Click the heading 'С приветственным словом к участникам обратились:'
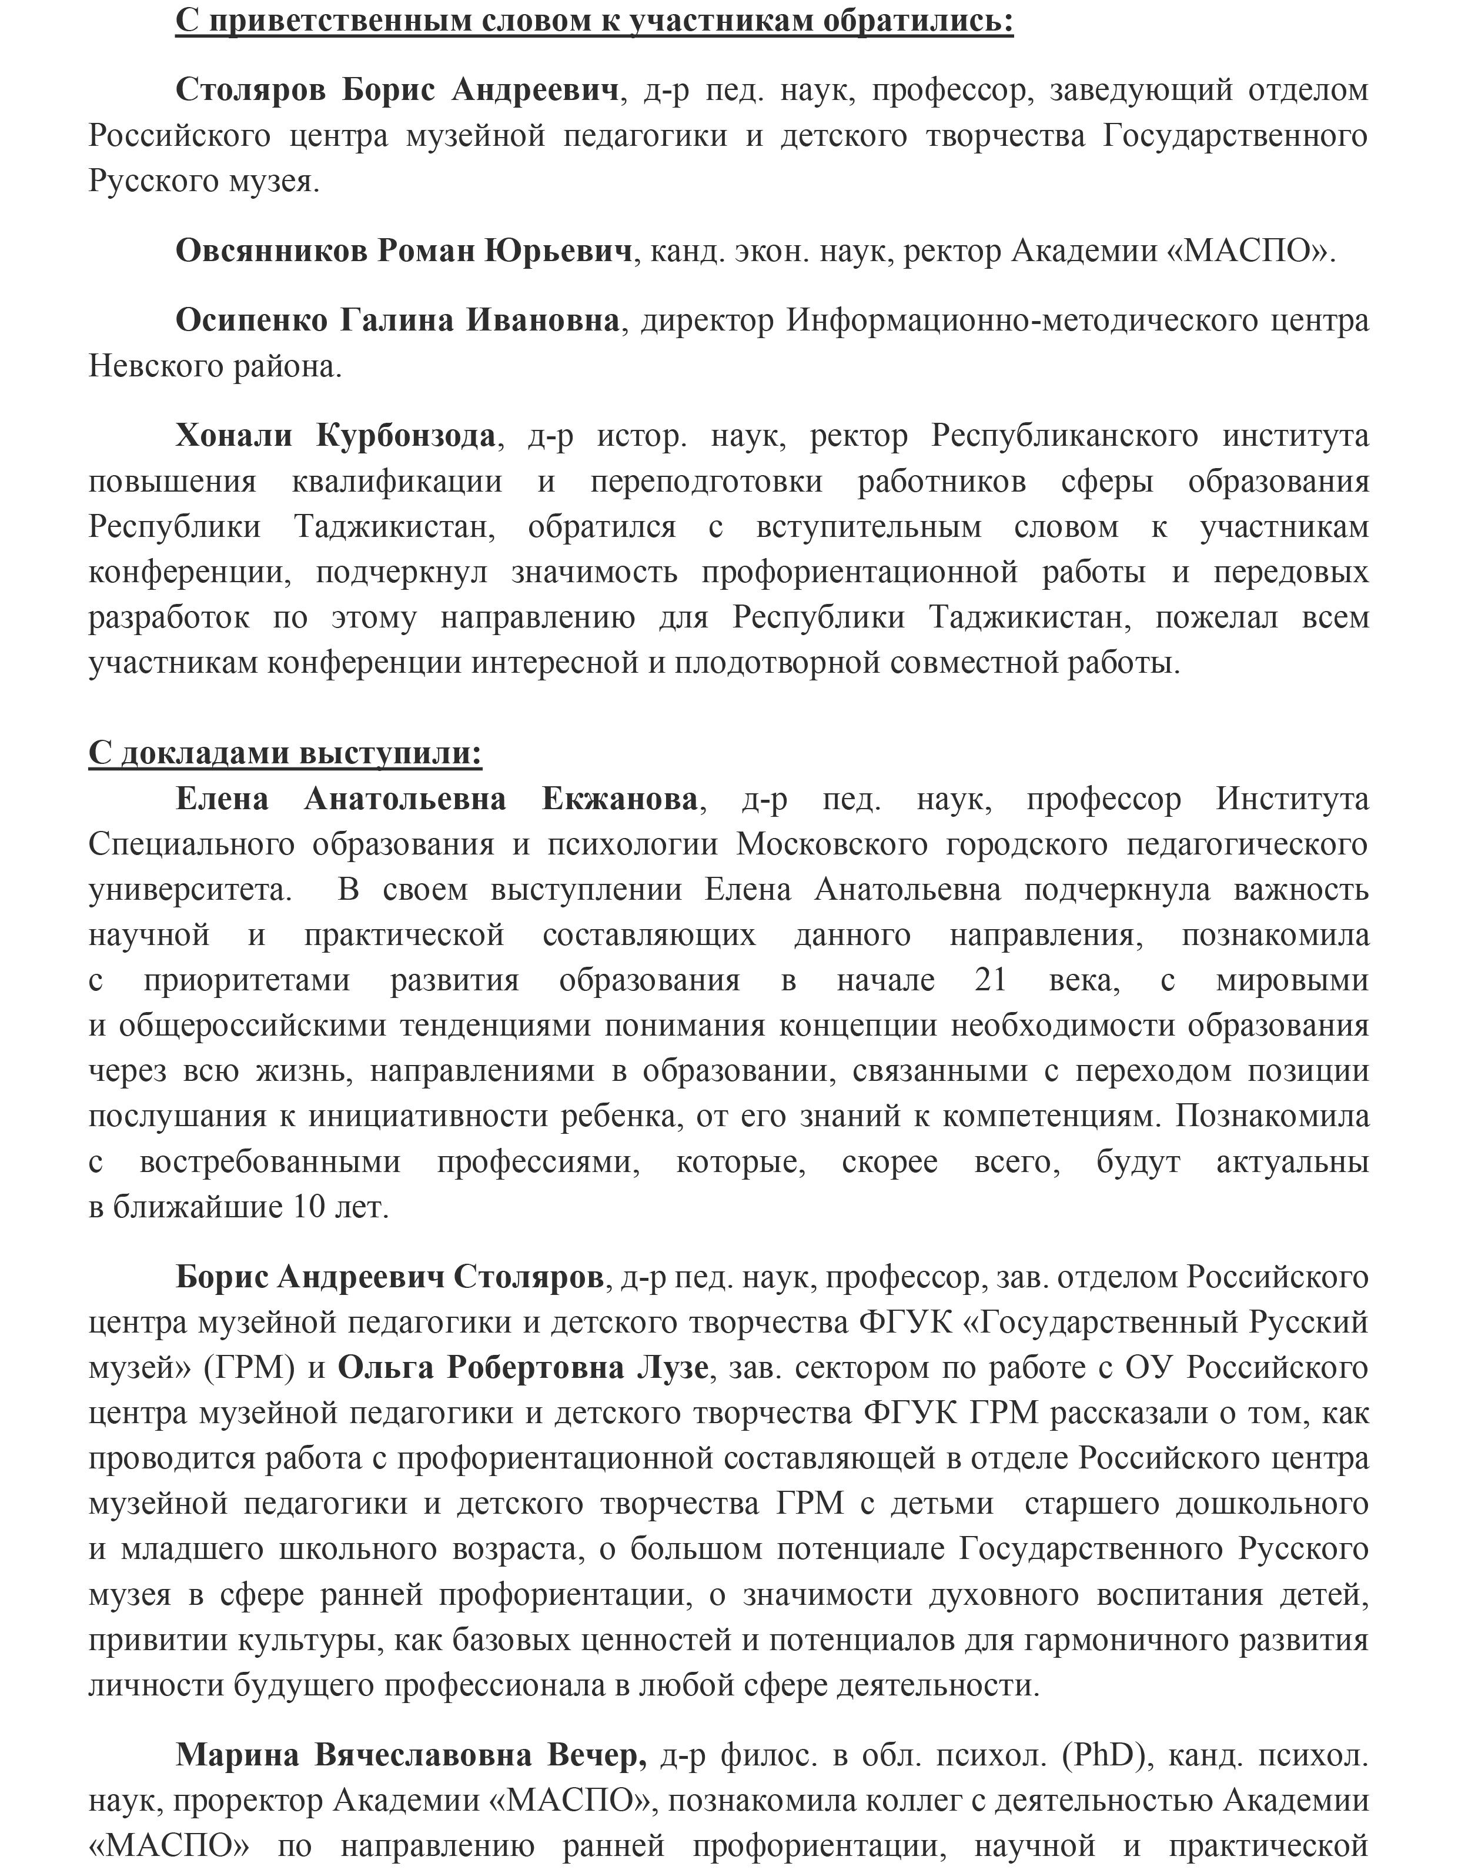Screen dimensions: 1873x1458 tap(594, 19)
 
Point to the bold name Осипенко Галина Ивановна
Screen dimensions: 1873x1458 tap(397, 320)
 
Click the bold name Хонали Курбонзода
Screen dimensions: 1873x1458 tap(335, 436)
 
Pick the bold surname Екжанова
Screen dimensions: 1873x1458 tap(620, 799)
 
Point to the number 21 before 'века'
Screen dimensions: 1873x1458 tap(990, 979)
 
